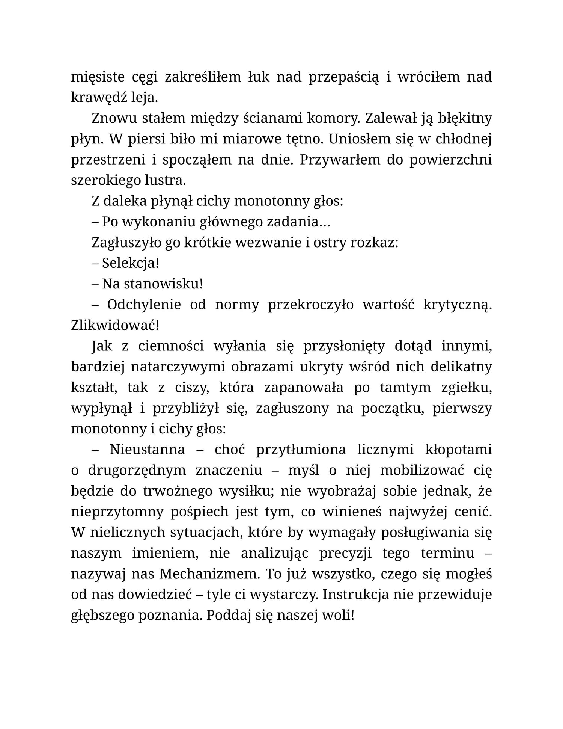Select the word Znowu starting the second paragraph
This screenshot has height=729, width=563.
click(114, 119)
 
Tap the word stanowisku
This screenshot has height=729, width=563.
click(163, 284)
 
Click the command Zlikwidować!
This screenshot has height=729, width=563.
click(115, 325)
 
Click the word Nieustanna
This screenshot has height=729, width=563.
click(147, 450)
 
